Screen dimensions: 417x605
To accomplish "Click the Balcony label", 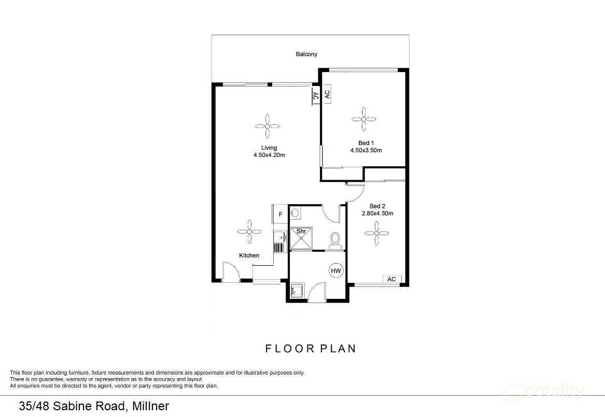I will click(x=306, y=54).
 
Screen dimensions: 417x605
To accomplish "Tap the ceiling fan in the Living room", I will click(x=268, y=126).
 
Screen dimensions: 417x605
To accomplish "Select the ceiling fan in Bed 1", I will click(x=364, y=119).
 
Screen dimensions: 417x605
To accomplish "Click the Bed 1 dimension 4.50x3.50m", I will click(x=366, y=151).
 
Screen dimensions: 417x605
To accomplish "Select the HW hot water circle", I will click(x=336, y=271).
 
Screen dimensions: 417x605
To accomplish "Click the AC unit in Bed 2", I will click(x=392, y=279).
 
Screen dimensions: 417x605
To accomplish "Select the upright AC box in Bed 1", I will click(x=327, y=94).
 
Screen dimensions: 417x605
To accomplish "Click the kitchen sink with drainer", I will click(x=279, y=241).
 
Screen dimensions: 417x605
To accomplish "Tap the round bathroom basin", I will click(x=296, y=212).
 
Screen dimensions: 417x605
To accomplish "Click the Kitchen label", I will click(x=249, y=255).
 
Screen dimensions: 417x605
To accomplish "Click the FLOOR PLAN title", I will click(x=311, y=349).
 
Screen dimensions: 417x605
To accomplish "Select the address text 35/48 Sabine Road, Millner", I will click(x=94, y=406).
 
